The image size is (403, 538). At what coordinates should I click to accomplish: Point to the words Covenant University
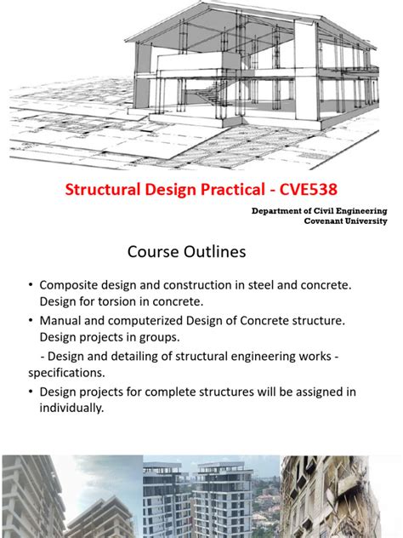346,220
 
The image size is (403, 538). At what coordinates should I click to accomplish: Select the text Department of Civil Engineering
320,210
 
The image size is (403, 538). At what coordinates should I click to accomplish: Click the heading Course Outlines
186,252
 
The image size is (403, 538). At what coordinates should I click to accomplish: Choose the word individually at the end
71,408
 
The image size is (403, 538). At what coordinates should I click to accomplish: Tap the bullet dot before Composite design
30,285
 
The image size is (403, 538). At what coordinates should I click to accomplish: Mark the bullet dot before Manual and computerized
30,321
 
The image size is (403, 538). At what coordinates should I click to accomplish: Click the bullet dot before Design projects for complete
30,392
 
